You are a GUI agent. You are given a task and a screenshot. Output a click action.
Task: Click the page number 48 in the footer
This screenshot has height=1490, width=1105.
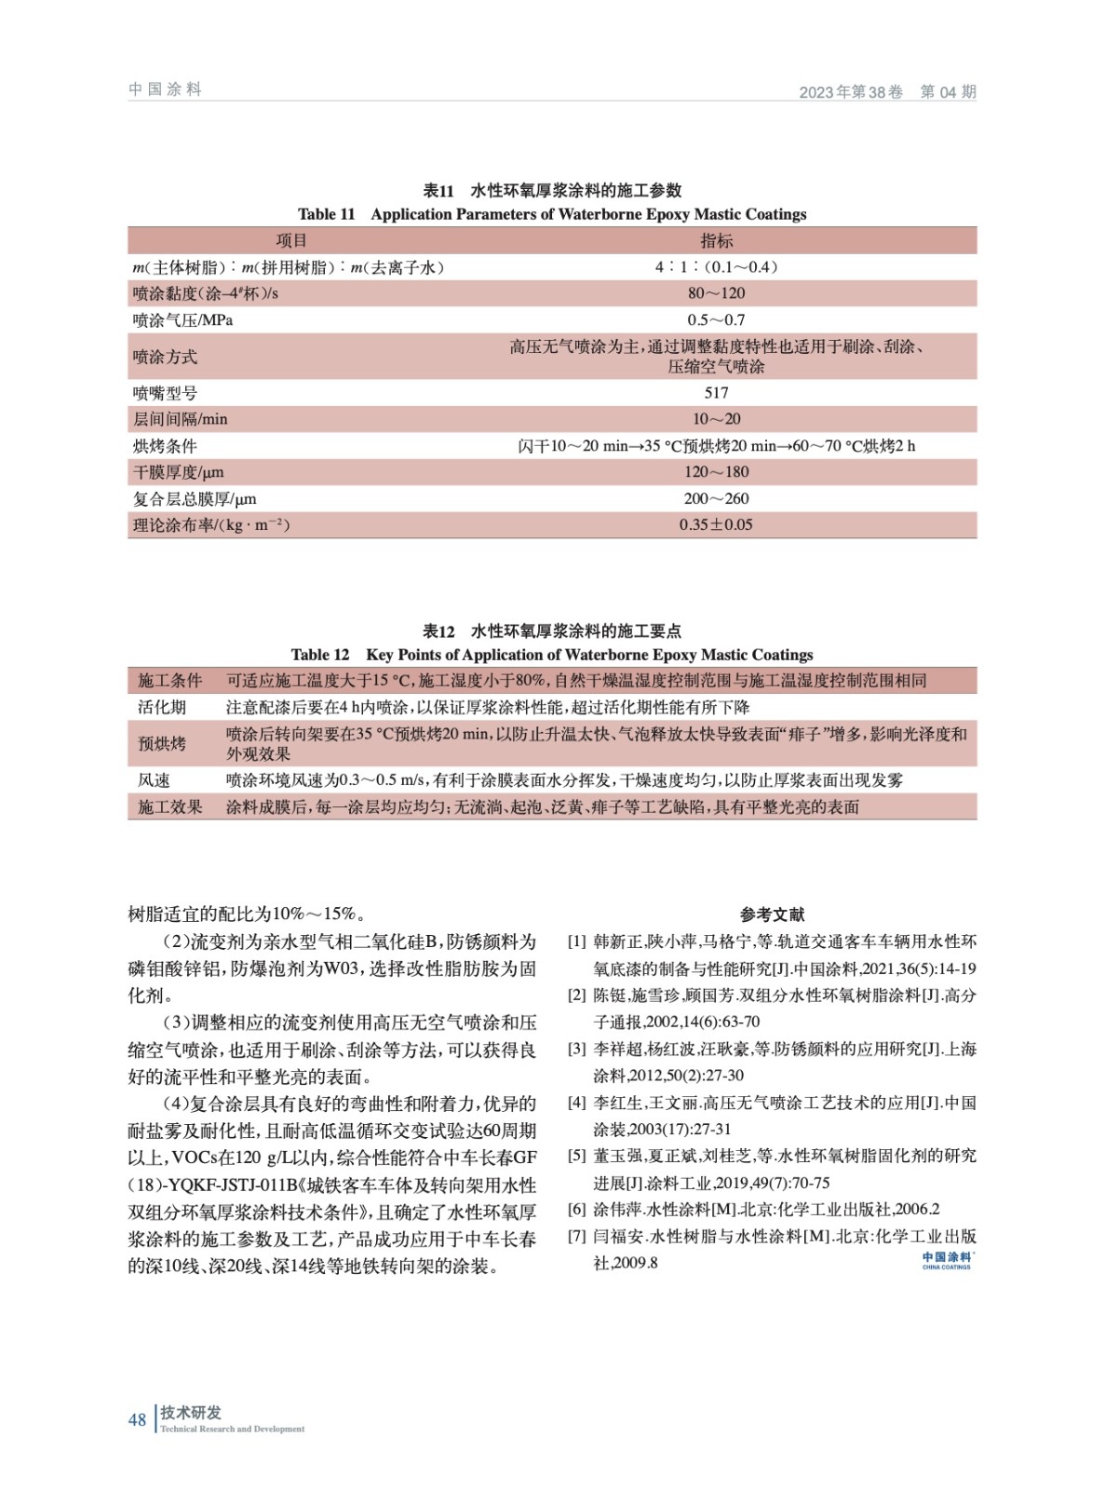tap(137, 1419)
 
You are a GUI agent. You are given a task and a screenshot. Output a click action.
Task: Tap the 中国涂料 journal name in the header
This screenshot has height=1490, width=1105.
tap(165, 89)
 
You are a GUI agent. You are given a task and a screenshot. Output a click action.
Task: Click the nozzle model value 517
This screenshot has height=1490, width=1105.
tap(716, 393)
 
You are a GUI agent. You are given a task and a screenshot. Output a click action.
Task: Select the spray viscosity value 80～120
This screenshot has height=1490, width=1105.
tap(716, 293)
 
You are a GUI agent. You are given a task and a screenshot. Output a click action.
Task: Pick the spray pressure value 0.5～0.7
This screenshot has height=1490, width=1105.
tap(716, 319)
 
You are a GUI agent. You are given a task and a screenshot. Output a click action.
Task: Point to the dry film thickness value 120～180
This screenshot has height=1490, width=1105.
tap(716, 472)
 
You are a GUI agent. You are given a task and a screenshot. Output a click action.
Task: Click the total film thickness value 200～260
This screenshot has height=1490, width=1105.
tap(716, 498)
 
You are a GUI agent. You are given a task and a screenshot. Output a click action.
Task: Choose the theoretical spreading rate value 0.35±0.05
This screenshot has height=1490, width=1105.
tap(716, 524)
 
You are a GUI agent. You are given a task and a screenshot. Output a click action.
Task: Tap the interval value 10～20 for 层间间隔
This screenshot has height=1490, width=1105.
tap(716, 419)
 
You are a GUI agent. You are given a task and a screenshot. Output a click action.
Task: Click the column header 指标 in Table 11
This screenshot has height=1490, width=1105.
tap(716, 240)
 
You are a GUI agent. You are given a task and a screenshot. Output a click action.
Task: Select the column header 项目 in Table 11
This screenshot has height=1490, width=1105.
tap(290, 240)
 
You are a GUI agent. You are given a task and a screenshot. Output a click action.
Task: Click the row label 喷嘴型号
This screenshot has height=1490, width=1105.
tap(165, 393)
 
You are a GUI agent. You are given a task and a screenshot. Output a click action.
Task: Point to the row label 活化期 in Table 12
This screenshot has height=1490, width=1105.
tap(162, 708)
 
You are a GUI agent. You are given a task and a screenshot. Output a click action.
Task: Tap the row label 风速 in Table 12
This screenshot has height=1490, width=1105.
tap(154, 780)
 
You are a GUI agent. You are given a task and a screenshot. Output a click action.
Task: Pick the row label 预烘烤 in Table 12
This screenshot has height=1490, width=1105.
tap(162, 743)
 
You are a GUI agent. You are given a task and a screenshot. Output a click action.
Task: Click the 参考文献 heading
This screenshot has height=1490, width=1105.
tap(772, 914)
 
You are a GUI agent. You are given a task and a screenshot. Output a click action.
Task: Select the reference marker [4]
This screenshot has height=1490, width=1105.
tap(577, 1104)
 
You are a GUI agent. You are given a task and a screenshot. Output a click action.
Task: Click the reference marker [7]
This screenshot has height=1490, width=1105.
tap(577, 1237)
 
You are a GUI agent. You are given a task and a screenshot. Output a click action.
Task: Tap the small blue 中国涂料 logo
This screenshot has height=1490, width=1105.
tap(947, 1260)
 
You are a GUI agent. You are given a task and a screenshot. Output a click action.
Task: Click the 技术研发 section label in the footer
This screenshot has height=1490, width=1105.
tap(191, 1413)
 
